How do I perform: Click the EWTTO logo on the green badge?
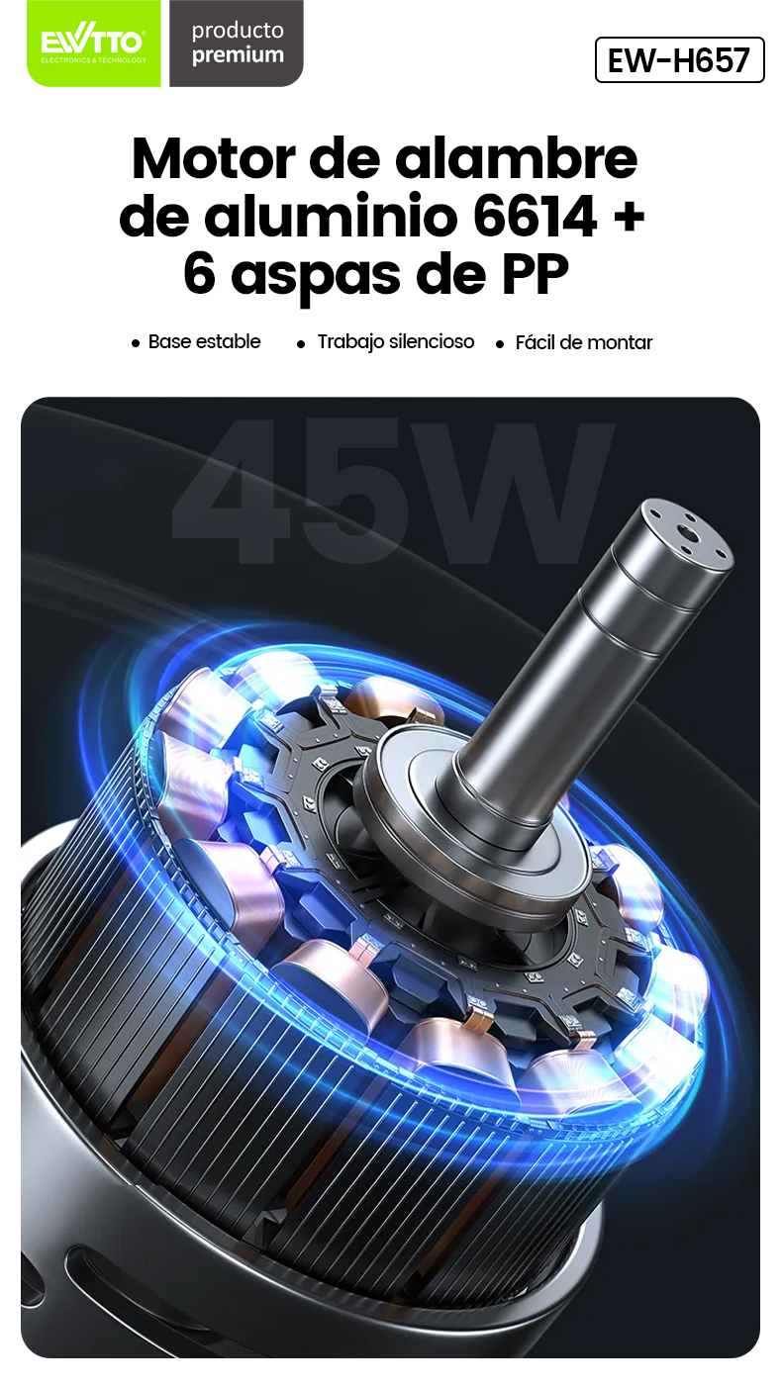pyautogui.click(x=93, y=44)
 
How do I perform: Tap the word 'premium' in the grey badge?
pyautogui.click(x=238, y=55)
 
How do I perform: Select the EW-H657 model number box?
pyautogui.click(x=679, y=60)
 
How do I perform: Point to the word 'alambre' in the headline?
pyautogui.click(x=516, y=158)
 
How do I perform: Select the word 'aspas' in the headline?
pyautogui.click(x=316, y=276)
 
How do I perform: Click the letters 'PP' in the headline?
pyautogui.click(x=535, y=273)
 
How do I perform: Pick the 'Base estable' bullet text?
pyautogui.click(x=205, y=341)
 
